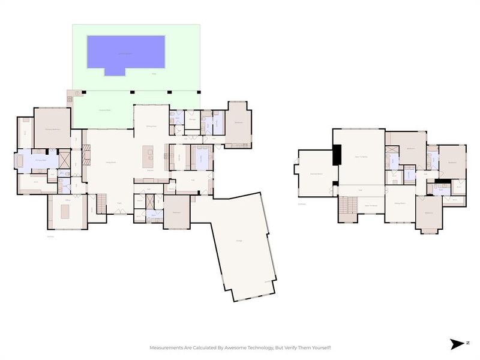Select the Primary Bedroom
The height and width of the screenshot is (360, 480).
pyautogui.click(x=52, y=127)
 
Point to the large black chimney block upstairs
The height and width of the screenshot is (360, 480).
pyautogui.click(x=337, y=155)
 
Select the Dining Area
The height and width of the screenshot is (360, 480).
pyautogui.click(x=151, y=126)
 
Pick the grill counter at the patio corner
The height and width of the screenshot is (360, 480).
pyautogui.click(x=70, y=94)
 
